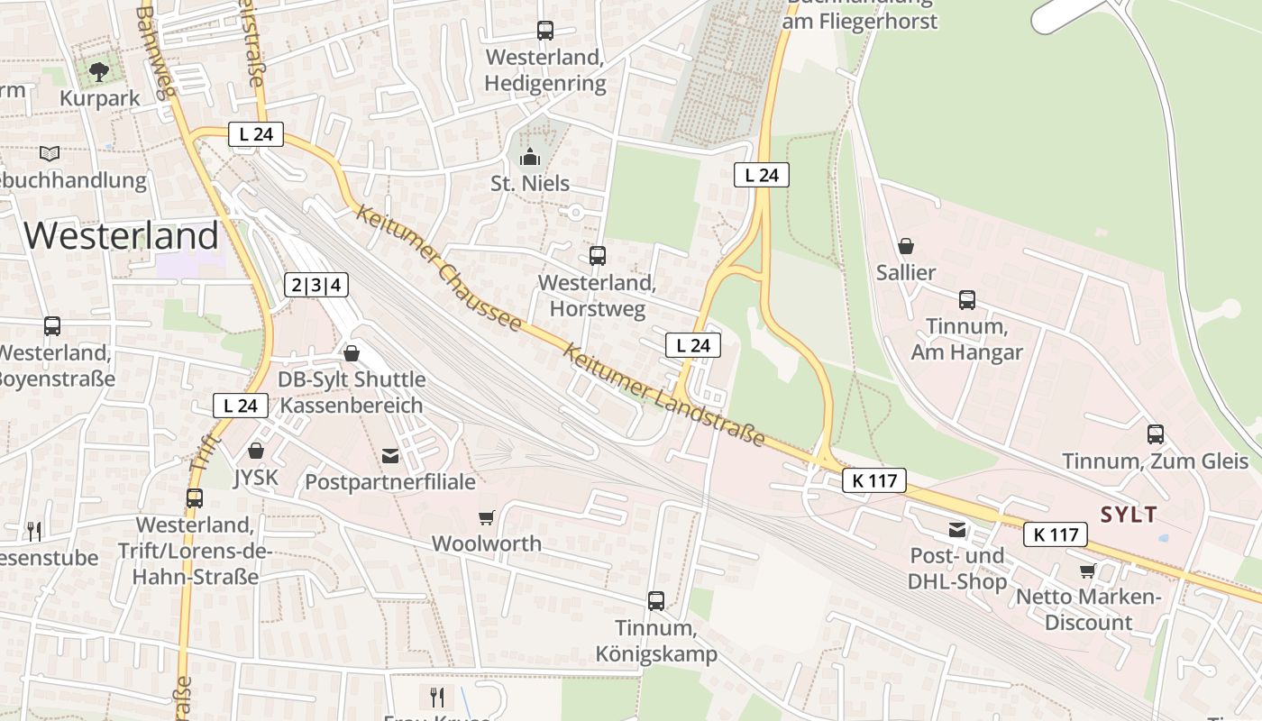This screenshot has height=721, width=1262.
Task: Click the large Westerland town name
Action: click(121, 236)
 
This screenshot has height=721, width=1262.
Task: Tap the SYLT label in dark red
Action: click(1128, 515)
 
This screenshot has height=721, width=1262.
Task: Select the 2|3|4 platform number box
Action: click(315, 286)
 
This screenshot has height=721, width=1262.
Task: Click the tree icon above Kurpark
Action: click(99, 71)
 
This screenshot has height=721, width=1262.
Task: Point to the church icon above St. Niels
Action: click(529, 158)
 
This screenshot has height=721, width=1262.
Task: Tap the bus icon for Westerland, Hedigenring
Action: click(545, 31)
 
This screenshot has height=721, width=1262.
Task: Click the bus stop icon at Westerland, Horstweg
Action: click(597, 256)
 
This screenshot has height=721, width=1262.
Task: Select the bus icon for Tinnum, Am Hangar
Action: click(966, 300)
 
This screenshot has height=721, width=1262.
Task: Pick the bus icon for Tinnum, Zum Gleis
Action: click(1155, 434)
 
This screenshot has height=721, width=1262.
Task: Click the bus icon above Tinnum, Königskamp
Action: click(655, 600)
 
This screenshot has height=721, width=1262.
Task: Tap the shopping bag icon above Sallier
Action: click(906, 246)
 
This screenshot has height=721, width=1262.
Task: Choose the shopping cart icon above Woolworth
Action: click(486, 517)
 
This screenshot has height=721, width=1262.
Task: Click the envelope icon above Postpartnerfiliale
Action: click(390, 456)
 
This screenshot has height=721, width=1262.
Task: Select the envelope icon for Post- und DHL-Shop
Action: click(956, 530)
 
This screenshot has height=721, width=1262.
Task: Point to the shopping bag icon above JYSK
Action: click(256, 451)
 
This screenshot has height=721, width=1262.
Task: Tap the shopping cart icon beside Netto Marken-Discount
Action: click(1088, 570)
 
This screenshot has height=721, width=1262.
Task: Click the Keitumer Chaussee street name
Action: click(438, 268)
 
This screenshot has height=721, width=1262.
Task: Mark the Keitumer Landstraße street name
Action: click(663, 395)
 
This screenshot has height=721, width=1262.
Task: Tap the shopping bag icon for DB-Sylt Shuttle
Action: click(352, 353)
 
